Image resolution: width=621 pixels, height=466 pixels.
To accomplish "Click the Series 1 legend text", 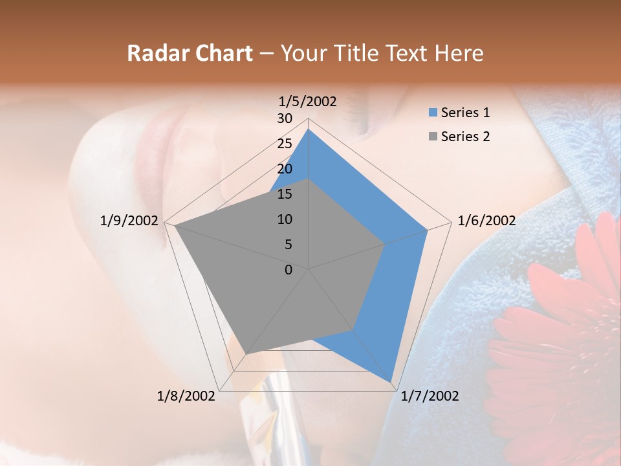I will tap(465, 113).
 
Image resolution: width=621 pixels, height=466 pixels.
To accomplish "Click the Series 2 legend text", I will tap(465, 137).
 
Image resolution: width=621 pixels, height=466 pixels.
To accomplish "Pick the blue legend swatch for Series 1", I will tap(433, 113).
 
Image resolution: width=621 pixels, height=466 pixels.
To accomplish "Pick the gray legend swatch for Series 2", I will tap(433, 137).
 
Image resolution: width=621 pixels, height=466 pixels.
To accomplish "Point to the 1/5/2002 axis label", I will tap(308, 102).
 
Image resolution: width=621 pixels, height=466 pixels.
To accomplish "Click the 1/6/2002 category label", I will tap(486, 221).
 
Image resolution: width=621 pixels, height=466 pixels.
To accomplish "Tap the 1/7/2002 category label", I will tap(430, 396).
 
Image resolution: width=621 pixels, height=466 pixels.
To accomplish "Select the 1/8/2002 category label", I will tap(186, 396).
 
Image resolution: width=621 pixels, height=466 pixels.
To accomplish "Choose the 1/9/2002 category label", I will tap(129, 221).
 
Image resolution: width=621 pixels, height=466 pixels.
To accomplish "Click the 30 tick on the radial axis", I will tap(285, 118).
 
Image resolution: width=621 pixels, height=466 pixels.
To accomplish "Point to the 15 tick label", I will tap(285, 194).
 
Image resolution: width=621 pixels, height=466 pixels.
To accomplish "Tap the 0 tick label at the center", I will tap(289, 269).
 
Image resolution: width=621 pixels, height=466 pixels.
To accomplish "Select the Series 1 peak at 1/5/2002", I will tap(309, 129).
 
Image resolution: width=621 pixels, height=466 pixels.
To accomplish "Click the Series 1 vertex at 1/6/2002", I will tap(428, 230).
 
